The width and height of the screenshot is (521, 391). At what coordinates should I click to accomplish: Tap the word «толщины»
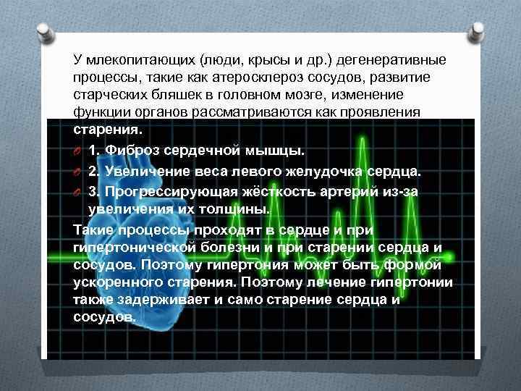click(x=234, y=209)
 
